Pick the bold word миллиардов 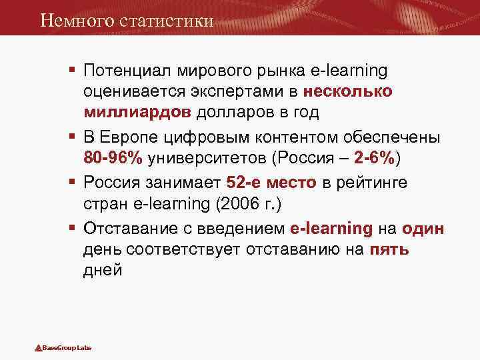pyautogui.click(x=136, y=112)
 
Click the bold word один pyautogui.click(x=422, y=229)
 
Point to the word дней pyautogui.click(x=103, y=271)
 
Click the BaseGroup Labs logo pyautogui.click(x=63, y=349)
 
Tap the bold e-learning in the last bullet pyautogui.click(x=331, y=229)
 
